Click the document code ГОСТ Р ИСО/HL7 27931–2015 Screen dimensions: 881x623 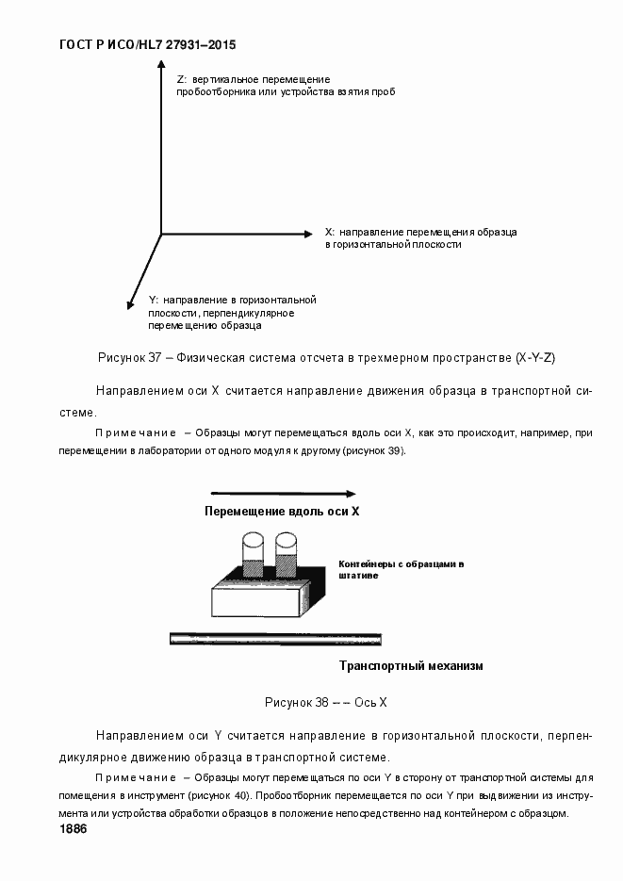click(147, 44)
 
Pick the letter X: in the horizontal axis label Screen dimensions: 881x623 click(329, 231)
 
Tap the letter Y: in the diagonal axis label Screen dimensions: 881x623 click(154, 299)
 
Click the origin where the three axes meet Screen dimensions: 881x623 click(161, 233)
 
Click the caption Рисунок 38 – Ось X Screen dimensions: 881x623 click(325, 702)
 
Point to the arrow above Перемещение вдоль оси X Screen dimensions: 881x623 click(283, 493)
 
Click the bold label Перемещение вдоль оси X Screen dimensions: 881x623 click(283, 512)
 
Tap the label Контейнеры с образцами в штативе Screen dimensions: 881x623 click(401, 569)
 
